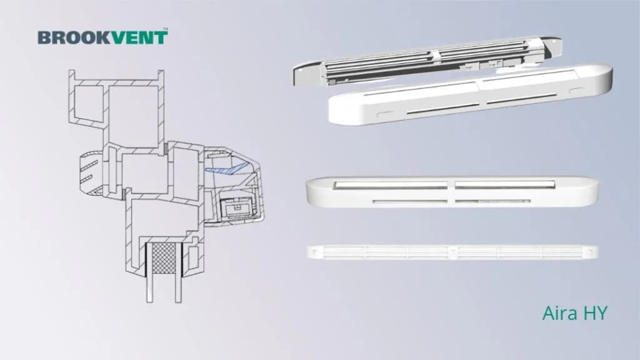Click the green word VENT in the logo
139,37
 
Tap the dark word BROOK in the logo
74,37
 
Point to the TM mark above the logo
165,29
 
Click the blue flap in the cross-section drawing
226,169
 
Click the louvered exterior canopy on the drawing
90,171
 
